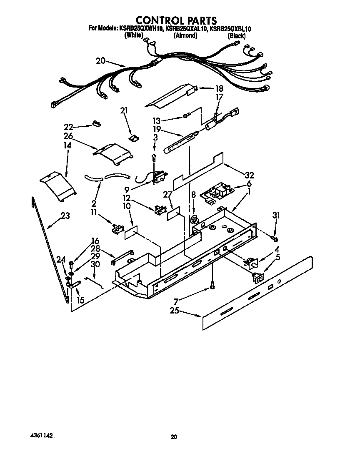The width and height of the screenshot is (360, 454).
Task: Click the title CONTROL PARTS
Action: [176, 20]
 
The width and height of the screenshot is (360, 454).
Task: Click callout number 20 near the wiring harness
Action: [100, 61]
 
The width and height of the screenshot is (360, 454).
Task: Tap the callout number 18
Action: [219, 88]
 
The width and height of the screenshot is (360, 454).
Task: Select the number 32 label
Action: [249, 175]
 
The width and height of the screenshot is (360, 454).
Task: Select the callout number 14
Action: [67, 145]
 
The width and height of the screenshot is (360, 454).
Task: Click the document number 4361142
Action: [42, 435]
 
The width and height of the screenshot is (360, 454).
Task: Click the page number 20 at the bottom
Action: [174, 436]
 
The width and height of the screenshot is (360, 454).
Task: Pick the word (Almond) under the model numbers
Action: [185, 36]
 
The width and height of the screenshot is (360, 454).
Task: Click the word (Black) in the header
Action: [236, 36]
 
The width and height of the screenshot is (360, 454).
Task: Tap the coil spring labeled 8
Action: [194, 219]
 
